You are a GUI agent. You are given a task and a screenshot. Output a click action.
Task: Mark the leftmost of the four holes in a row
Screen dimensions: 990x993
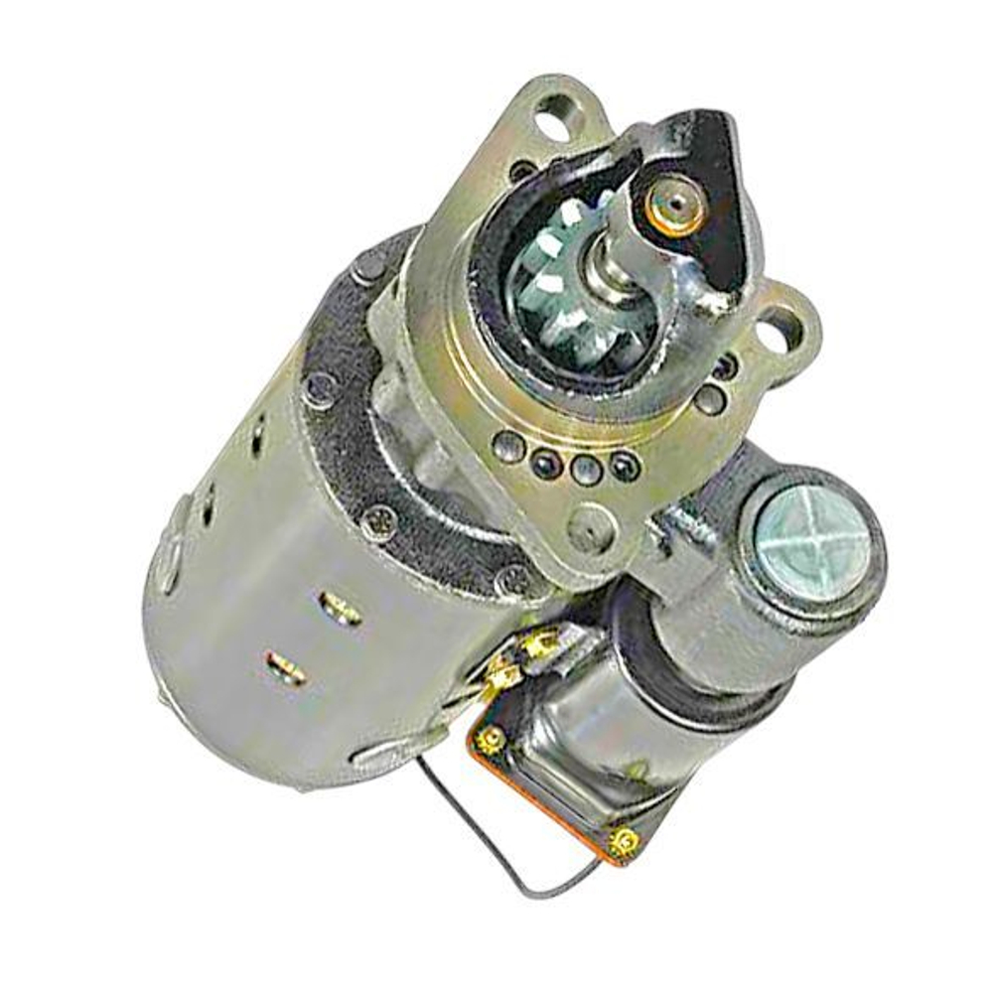[x=508, y=446]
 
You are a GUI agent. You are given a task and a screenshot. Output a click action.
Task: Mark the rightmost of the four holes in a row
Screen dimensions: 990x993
[x=624, y=464]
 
